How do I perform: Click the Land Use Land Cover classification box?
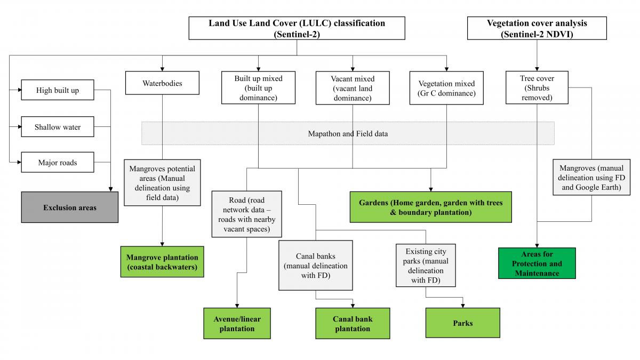click(297, 28)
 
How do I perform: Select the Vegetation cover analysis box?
click(537, 28)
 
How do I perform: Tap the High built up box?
click(57, 90)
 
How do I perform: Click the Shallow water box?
click(57, 127)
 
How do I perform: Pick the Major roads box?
click(57, 162)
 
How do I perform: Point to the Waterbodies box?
click(162, 84)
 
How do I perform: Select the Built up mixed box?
click(258, 88)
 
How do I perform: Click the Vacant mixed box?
click(353, 88)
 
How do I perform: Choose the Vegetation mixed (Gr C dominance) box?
click(446, 89)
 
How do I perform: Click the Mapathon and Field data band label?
click(348, 133)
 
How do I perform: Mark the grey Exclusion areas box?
click(70, 207)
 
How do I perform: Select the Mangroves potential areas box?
click(162, 183)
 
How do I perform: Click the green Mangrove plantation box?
click(162, 262)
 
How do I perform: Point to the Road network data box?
click(246, 214)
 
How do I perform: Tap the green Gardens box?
click(430, 207)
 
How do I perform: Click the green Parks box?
click(462, 323)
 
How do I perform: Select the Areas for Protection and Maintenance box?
click(537, 263)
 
